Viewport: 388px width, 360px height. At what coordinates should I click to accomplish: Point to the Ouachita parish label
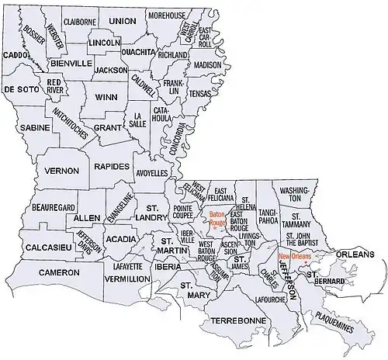click(x=140, y=52)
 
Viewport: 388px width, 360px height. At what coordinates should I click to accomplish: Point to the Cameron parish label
click(x=59, y=273)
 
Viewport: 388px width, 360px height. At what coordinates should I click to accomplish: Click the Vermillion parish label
click(x=127, y=278)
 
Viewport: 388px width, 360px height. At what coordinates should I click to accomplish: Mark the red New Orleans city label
click(x=296, y=256)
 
